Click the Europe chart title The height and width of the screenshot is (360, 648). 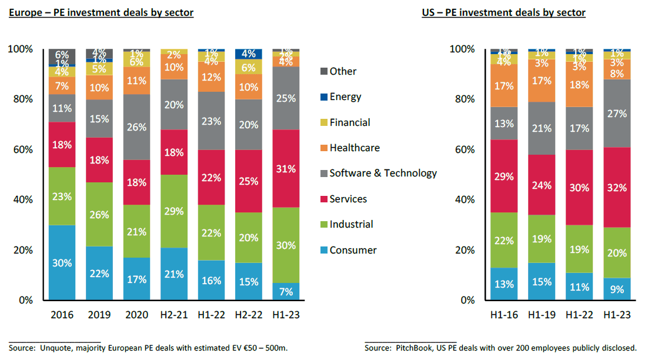point(101,12)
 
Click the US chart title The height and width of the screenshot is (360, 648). point(503,12)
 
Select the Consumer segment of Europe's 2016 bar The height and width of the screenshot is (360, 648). point(62,262)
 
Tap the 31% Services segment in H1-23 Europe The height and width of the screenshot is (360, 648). point(285,168)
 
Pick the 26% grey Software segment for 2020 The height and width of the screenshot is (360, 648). point(136,127)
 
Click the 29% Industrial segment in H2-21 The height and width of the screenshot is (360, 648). point(173,211)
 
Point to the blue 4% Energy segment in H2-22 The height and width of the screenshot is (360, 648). point(248,54)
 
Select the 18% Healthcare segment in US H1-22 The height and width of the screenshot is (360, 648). point(579,84)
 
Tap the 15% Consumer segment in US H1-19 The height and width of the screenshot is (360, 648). point(542,281)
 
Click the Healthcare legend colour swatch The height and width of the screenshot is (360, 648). point(322,148)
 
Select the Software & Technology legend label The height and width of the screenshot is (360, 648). point(383,173)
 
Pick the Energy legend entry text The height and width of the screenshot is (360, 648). point(345,97)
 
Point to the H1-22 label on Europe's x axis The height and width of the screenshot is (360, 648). point(211,315)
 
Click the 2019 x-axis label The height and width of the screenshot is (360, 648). point(99,315)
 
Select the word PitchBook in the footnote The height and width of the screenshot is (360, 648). point(417,348)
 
